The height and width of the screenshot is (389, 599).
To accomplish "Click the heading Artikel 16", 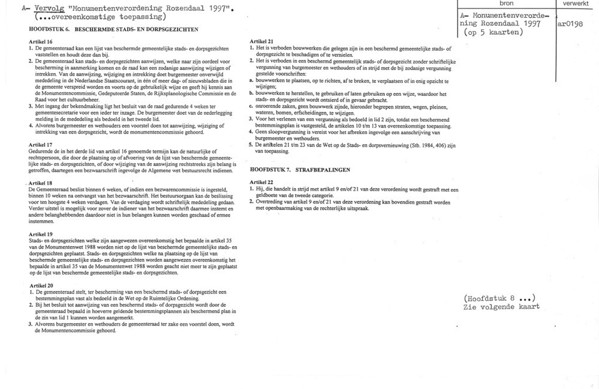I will (x=40, y=41).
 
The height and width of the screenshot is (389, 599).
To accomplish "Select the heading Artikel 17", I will (x=40, y=145).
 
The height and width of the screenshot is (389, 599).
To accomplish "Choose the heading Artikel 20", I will (x=40, y=285).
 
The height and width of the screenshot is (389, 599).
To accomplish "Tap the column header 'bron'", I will (x=507, y=4).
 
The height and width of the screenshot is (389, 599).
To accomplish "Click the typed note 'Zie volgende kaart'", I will (x=501, y=306).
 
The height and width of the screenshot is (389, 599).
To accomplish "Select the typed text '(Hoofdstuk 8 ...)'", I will (x=498, y=298).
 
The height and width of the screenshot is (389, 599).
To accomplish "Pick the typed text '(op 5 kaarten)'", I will (x=491, y=32).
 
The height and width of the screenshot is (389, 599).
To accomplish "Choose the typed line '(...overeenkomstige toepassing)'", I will (x=96, y=18).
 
